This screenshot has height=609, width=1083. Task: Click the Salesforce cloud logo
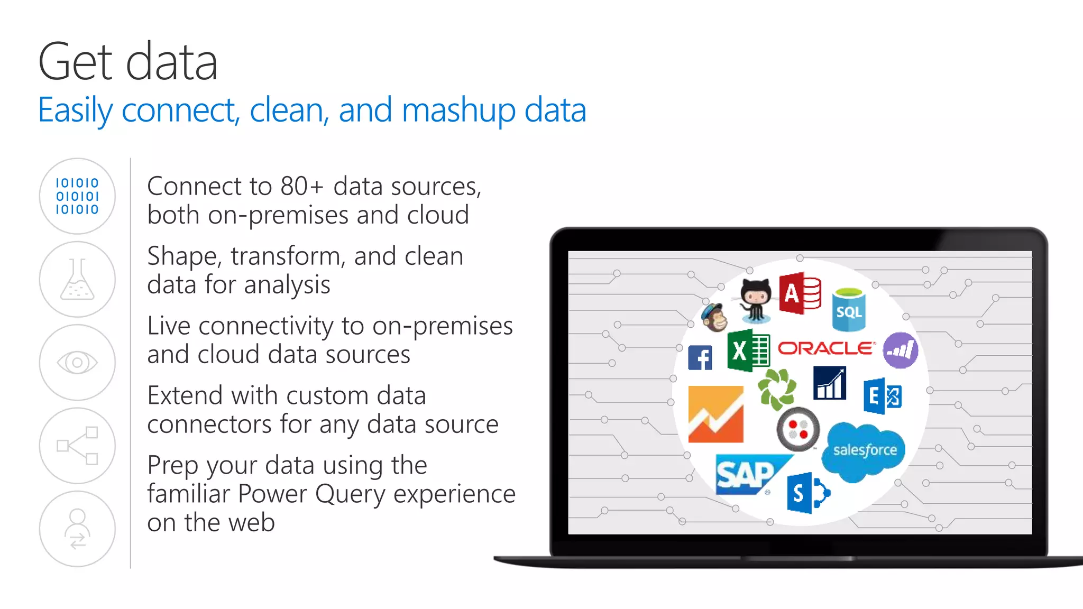point(864,450)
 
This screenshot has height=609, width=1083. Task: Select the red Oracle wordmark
point(826,348)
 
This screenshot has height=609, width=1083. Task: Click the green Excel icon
point(748,350)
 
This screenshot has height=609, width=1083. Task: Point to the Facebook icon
point(700,358)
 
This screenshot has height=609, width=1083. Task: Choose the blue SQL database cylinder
point(849,309)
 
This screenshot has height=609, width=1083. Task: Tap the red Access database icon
point(800,293)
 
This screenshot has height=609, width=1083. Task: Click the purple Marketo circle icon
point(900,350)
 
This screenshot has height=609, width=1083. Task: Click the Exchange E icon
point(882,396)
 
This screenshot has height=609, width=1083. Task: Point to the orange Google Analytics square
point(715,414)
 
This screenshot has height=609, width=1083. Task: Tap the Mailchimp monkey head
point(714,317)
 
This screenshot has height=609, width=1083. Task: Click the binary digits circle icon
point(77,196)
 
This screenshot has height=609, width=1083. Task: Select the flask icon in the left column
point(77,280)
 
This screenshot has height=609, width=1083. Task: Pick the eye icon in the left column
point(77,363)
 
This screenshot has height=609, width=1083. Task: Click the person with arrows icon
point(77,529)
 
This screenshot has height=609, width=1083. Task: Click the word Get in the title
point(76,62)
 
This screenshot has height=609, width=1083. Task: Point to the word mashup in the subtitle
point(458,110)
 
